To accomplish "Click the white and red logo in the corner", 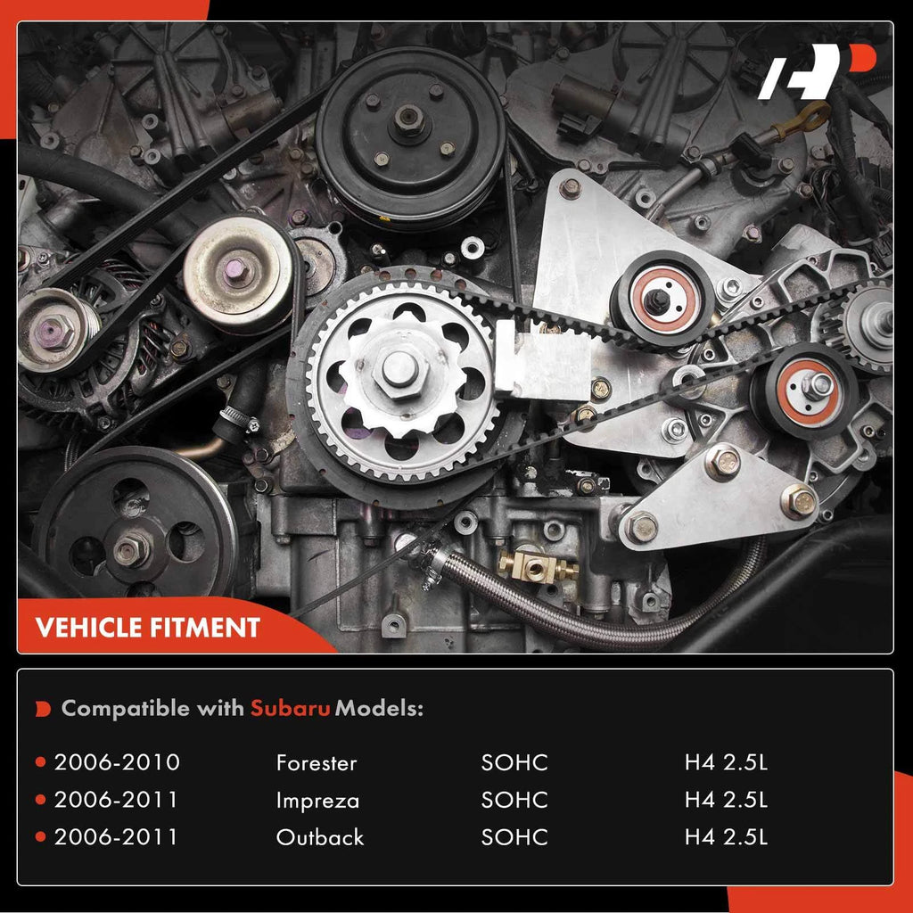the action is pos(817,71).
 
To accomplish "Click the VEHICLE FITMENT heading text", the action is pos(148,628).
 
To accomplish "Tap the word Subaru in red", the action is pos(290,708).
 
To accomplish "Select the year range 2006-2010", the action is pos(117,762).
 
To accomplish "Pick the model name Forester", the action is pos(317,763).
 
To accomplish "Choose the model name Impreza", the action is pos(317,801).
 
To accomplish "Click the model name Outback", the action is pos(320,837).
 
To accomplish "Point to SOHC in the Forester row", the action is pos(514,763).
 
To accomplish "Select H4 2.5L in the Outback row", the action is pos(726,837).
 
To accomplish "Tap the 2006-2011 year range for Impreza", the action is pos(116,800).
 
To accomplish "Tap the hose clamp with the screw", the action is pos(239,419).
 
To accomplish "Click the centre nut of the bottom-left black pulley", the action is pos(131,549).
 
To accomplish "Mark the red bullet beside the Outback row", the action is pos(40,836).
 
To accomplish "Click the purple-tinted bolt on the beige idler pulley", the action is pos(236,269).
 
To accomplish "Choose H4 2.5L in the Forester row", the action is pos(726,763).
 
